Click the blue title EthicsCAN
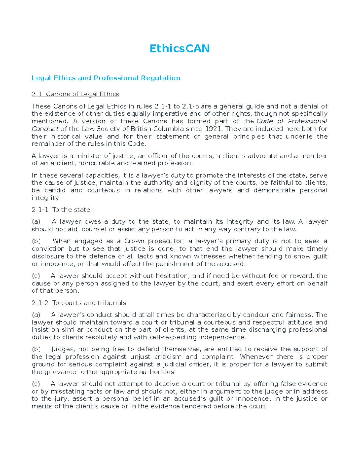180,49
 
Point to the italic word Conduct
45,129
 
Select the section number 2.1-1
40,210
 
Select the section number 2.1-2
40,303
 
